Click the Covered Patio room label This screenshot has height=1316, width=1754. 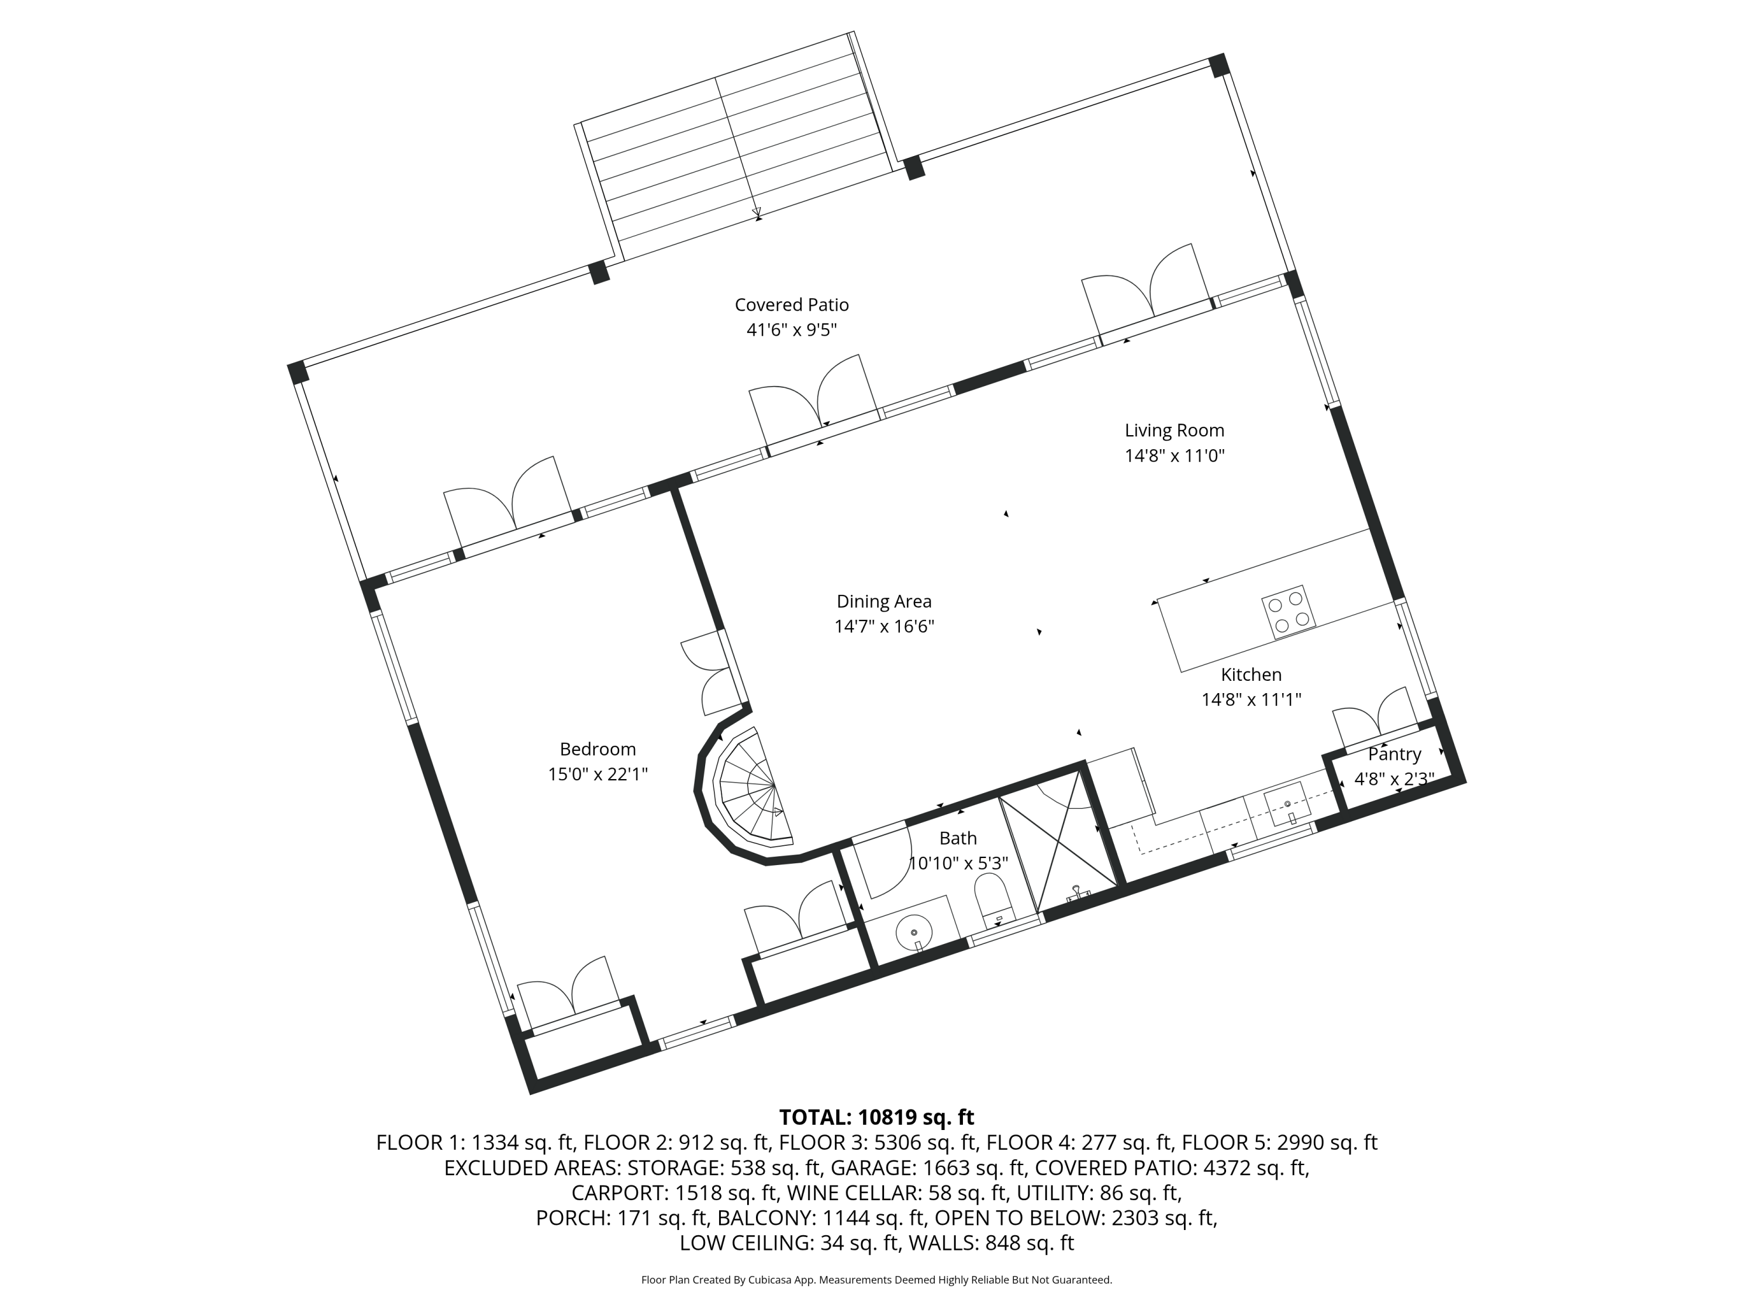tap(792, 305)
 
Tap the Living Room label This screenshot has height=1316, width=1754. tap(1175, 430)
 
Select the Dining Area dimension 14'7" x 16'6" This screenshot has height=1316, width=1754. tap(884, 626)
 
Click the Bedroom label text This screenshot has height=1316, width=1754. tap(598, 749)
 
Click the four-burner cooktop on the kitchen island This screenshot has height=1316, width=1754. tap(1289, 612)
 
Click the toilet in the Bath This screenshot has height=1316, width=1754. tap(995, 900)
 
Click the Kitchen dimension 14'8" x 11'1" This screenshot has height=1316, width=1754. tap(1251, 700)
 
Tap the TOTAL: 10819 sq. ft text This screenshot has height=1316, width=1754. tap(876, 1117)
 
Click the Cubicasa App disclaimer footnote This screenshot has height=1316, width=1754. tap(876, 1280)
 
